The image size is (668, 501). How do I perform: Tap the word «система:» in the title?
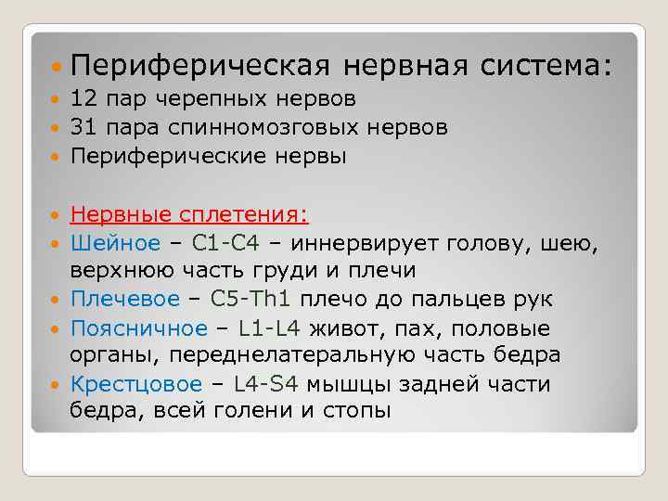pyautogui.click(x=546, y=66)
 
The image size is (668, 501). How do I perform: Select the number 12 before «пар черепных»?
pyautogui.click(x=83, y=98)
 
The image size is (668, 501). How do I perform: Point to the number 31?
pyautogui.click(x=83, y=127)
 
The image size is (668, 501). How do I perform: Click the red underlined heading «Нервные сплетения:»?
pyautogui.click(x=189, y=215)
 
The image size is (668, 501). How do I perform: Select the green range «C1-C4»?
pyautogui.click(x=225, y=243)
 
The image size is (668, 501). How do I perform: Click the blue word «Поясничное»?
pyautogui.click(x=139, y=328)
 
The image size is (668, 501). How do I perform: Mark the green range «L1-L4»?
pyautogui.click(x=269, y=328)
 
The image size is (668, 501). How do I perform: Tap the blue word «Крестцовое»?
pyautogui.click(x=135, y=384)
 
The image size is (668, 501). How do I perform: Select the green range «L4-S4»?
pyautogui.click(x=263, y=384)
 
